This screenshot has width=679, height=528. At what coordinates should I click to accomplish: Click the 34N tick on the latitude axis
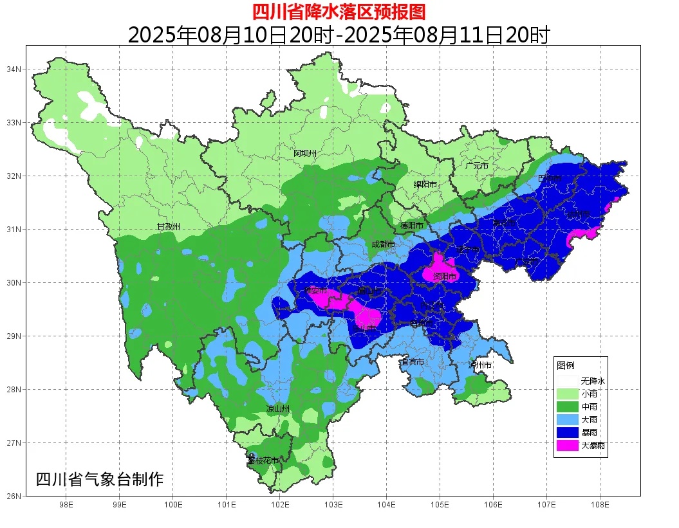tap(15, 69)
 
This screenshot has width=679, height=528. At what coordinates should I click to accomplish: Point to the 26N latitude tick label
tap(15, 496)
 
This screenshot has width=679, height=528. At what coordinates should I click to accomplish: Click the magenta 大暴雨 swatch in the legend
tap(567, 444)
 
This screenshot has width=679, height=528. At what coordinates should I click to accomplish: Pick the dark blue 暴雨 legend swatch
tap(567, 432)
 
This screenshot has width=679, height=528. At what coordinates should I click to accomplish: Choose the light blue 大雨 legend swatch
tap(567, 419)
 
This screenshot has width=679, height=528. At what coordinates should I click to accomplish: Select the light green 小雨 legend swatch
tap(567, 394)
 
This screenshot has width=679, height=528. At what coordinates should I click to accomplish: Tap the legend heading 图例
tap(566, 365)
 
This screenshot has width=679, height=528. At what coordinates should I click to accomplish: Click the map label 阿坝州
tap(305, 153)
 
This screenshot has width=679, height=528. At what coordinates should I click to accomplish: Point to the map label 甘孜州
tap(169, 227)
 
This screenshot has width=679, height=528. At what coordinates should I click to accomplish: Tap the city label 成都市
tap(384, 244)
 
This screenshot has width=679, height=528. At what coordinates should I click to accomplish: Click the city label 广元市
tap(477, 166)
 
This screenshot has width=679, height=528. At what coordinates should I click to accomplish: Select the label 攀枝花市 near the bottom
tap(263, 460)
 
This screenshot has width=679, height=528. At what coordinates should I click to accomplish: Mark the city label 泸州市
tap(480, 365)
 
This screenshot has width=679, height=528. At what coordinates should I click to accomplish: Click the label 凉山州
tap(278, 409)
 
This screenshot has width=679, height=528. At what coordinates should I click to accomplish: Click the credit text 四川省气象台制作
tap(99, 479)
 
